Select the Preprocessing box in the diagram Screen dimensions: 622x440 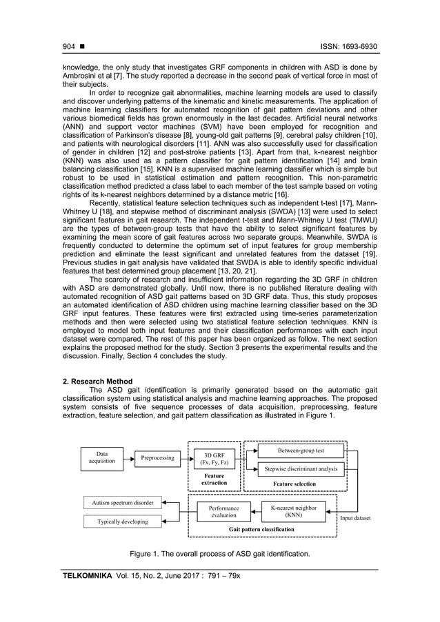click(158, 458)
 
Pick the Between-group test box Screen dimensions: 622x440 click(300, 450)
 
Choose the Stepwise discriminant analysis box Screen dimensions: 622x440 click(300, 469)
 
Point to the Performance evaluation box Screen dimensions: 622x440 click(223, 511)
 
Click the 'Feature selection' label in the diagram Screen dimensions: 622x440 click(294, 484)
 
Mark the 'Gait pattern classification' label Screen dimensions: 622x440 click(262, 529)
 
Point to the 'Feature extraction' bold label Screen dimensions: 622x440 click(213, 479)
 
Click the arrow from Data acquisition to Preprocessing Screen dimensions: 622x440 click(129, 458)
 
